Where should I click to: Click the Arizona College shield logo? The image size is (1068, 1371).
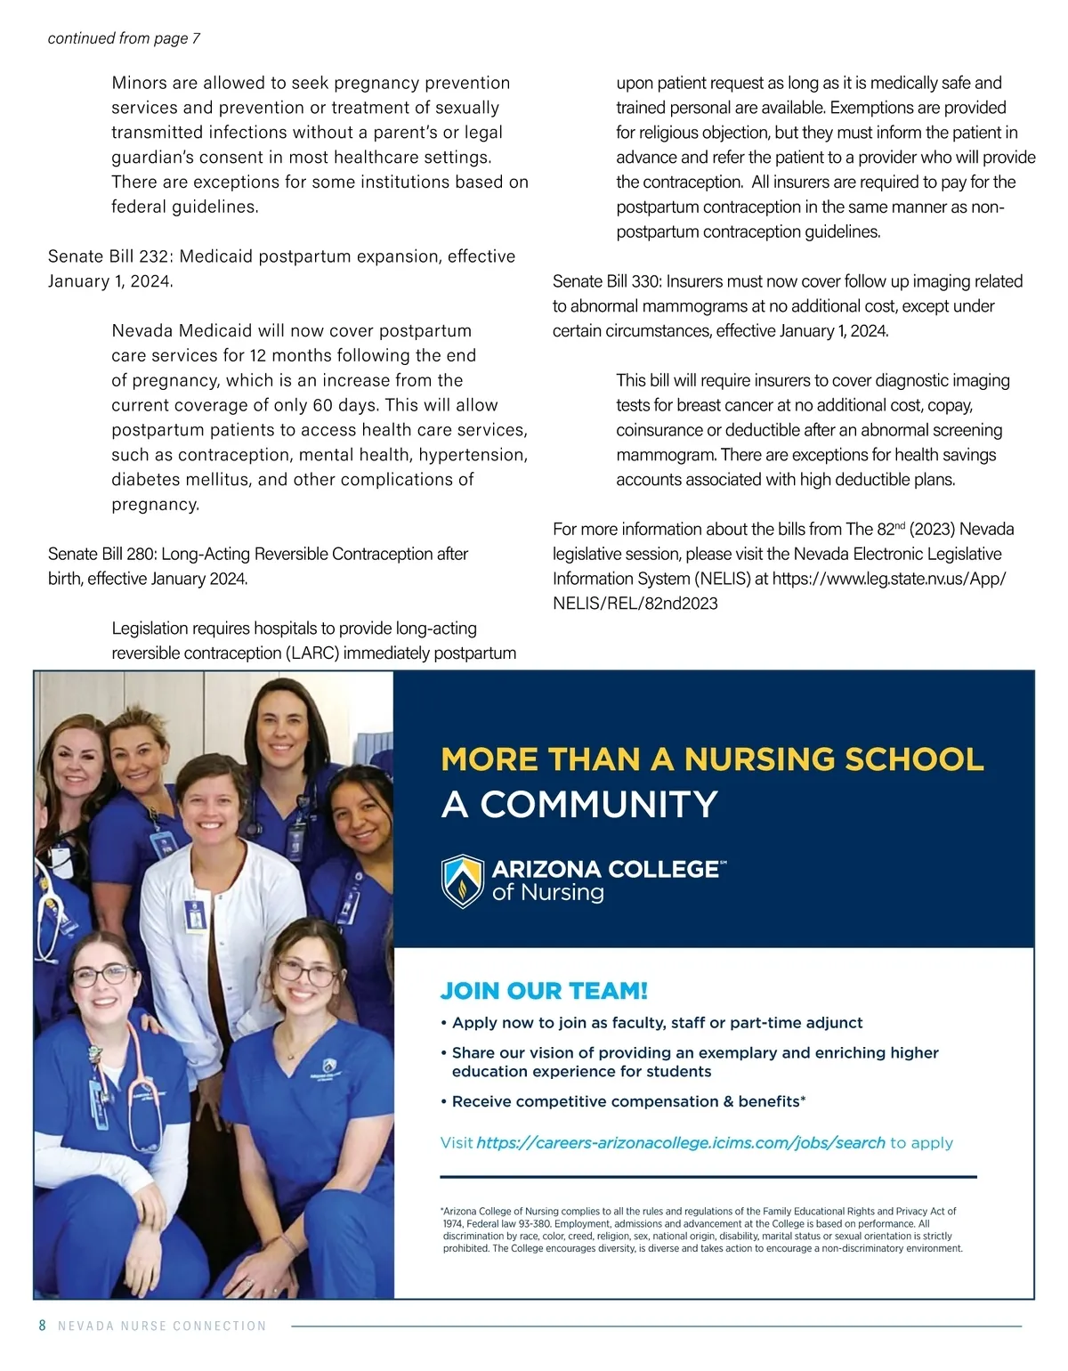(463, 880)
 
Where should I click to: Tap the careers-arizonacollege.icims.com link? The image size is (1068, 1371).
(681, 1142)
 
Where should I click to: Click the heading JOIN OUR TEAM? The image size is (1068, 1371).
(544, 991)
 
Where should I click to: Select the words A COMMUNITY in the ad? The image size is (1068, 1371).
(579, 805)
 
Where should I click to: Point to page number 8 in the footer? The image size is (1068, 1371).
(42, 1326)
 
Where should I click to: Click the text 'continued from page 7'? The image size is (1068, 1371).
(124, 38)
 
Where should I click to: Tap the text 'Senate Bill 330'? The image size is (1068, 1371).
(605, 281)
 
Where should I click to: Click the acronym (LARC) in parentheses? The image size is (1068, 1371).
(312, 653)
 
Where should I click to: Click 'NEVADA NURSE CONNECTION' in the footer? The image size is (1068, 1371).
(162, 1326)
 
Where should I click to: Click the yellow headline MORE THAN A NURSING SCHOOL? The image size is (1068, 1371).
(712, 759)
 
